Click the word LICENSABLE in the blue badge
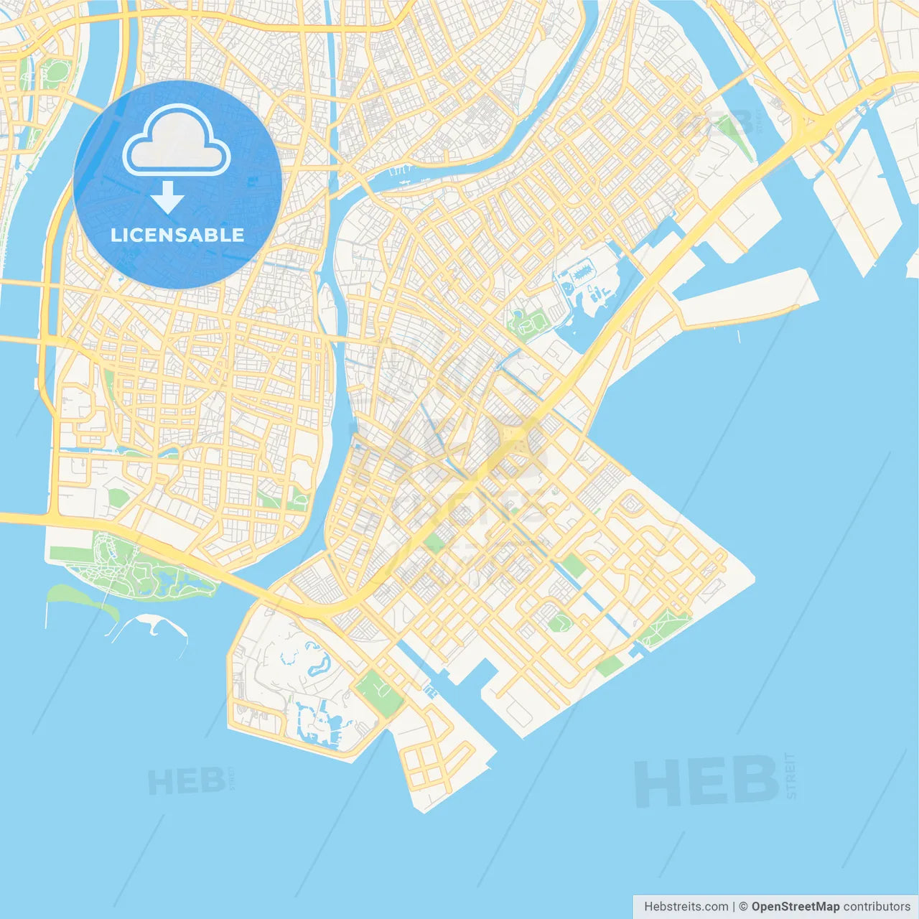(x=177, y=235)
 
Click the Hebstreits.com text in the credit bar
(x=686, y=906)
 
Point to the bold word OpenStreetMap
(x=795, y=906)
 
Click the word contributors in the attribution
(x=877, y=906)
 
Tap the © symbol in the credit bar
(x=744, y=906)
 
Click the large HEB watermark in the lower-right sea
(x=706, y=782)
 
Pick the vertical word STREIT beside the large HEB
(x=790, y=775)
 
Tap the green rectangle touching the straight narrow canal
(x=573, y=565)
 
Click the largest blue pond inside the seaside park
(x=165, y=577)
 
